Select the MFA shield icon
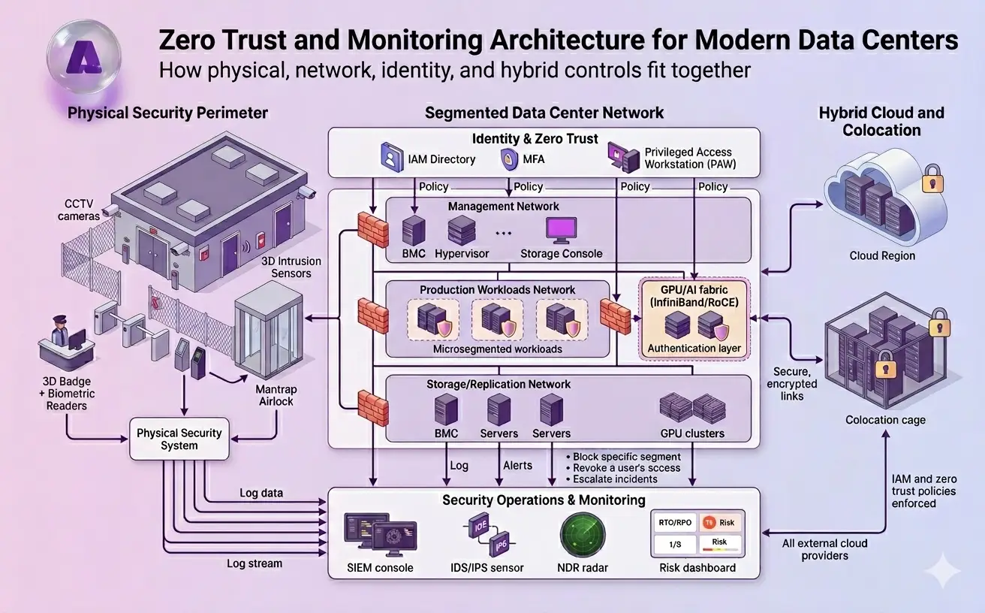tap(508, 159)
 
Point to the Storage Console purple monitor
tap(561, 229)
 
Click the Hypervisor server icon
tap(462, 229)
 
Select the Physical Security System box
tap(179, 439)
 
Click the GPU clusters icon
tap(692, 407)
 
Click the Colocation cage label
tap(885, 420)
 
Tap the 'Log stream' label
tap(255, 563)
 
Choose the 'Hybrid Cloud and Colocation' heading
tap(881, 121)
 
